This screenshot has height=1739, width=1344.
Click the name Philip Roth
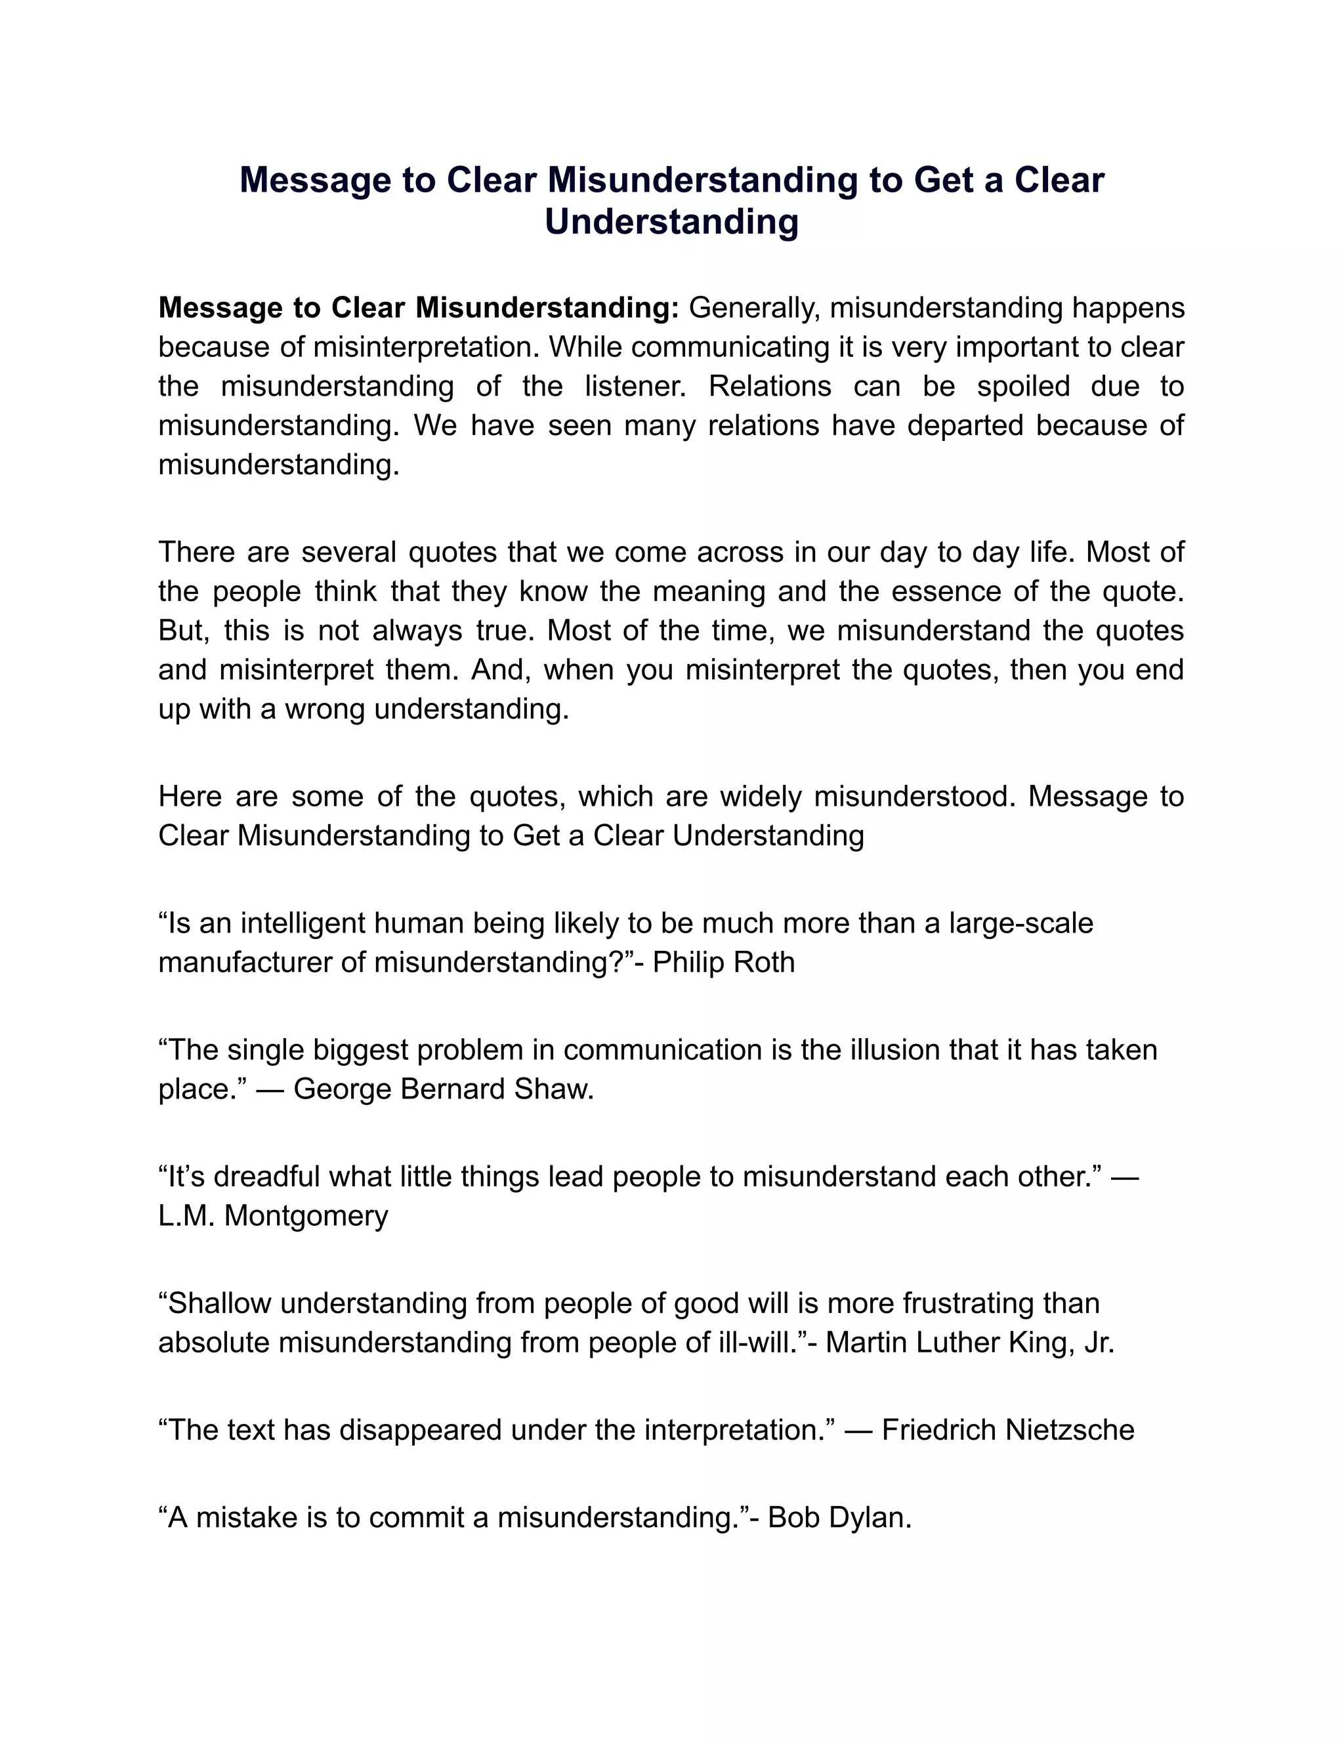tap(723, 962)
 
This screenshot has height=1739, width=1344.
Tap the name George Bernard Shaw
tap(443, 1089)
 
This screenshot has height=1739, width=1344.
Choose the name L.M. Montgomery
tap(273, 1215)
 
